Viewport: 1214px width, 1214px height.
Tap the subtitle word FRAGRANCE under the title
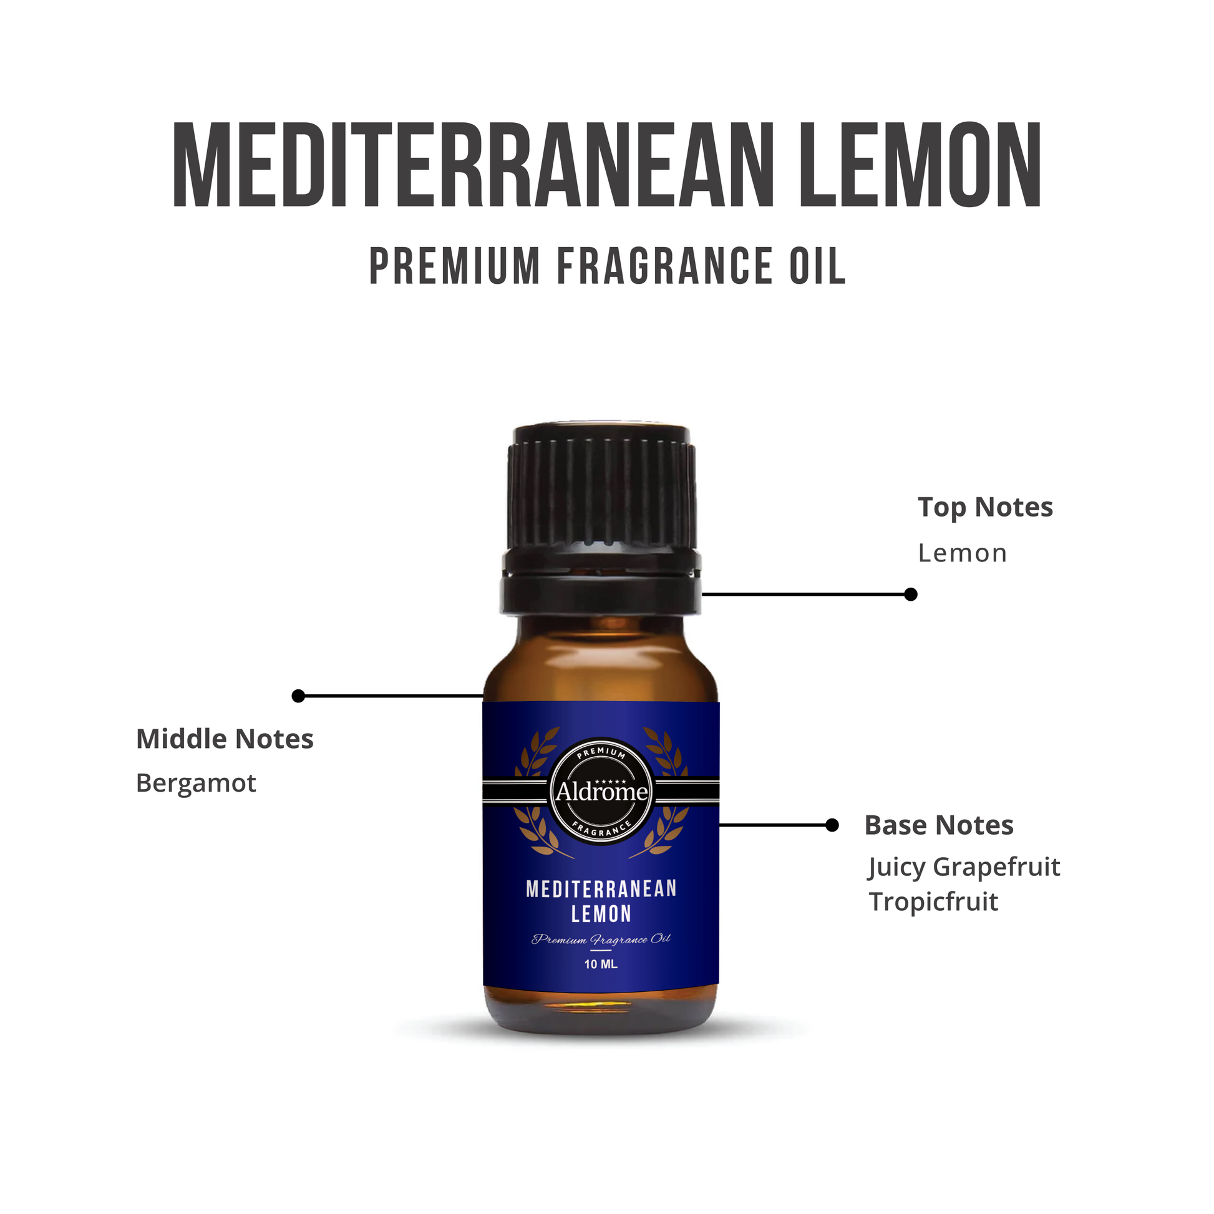coord(666,266)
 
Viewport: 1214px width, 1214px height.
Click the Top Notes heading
coord(985,507)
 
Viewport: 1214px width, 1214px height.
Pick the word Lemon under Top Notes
coord(963,553)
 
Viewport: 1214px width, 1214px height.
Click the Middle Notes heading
coord(225,739)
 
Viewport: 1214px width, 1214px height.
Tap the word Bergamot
coord(196,784)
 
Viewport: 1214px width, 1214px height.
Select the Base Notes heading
coord(939,825)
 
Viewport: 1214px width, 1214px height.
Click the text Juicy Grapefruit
coord(964,868)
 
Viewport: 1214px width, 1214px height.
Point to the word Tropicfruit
coord(934,902)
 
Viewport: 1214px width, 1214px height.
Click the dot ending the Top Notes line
coord(911,594)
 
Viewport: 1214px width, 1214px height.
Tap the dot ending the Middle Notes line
coord(298,696)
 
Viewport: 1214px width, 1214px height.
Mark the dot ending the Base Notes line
coord(832,825)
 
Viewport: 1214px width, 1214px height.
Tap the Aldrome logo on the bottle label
coord(601,791)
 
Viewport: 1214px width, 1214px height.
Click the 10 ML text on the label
coord(601,964)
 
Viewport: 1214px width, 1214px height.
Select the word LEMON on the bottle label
coord(601,914)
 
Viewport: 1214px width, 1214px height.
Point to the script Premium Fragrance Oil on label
coord(601,940)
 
